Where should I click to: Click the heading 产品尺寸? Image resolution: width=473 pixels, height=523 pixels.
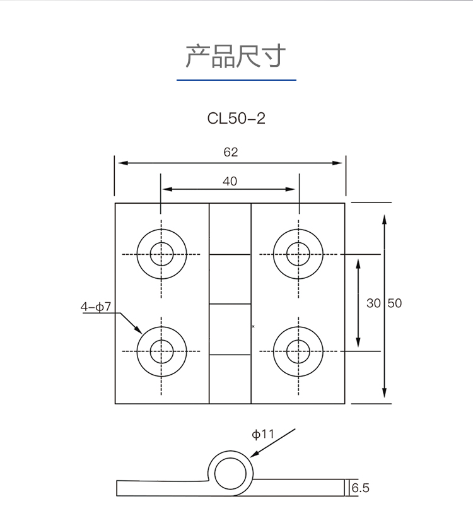(x=236, y=57)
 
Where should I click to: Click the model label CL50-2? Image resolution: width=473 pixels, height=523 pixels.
(x=236, y=119)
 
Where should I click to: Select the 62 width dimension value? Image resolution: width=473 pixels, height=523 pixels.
(x=230, y=152)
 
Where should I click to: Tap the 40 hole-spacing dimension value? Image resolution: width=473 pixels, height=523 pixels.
(x=230, y=182)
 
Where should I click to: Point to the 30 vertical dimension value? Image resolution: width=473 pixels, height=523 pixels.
(x=374, y=303)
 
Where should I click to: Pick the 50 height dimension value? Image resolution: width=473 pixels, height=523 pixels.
(x=394, y=303)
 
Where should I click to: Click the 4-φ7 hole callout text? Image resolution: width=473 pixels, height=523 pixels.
(x=96, y=307)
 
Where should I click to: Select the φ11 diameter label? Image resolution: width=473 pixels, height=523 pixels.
(x=263, y=434)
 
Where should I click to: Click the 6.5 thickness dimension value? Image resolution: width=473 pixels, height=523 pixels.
(x=360, y=488)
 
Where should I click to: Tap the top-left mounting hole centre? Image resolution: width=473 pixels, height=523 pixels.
(x=161, y=254)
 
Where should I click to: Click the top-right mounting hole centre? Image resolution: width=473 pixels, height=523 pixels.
(x=298, y=254)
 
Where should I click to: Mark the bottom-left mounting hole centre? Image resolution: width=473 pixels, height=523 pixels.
(x=161, y=351)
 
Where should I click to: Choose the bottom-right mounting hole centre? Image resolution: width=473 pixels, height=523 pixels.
(x=298, y=351)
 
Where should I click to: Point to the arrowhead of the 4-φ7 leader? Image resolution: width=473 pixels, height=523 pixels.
(x=140, y=332)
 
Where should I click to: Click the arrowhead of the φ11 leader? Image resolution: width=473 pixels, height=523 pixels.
(x=252, y=455)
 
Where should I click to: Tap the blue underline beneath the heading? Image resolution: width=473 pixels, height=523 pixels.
(x=236, y=80)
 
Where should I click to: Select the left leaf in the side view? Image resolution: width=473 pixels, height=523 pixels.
(x=161, y=488)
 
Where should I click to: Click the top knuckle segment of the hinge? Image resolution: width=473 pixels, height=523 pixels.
(x=230, y=228)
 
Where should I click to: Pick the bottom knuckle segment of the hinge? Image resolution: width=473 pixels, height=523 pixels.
(x=230, y=379)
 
